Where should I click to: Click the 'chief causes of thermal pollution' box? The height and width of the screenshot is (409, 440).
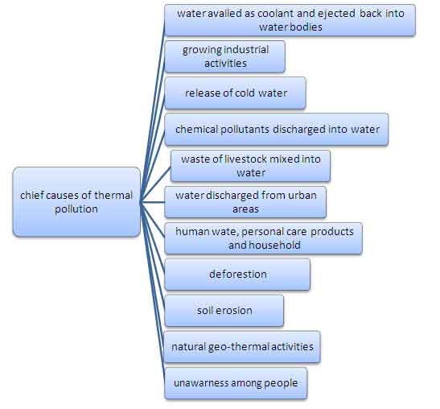click(76, 202)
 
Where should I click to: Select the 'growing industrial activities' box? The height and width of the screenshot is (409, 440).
click(224, 56)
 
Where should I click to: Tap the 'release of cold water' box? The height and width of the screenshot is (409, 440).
click(235, 93)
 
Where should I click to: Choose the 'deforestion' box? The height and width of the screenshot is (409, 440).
click(237, 275)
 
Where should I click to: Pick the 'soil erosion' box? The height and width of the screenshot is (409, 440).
click(224, 311)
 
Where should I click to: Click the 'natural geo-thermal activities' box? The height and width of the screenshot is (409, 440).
click(242, 347)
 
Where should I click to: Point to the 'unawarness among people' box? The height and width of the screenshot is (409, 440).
click(236, 383)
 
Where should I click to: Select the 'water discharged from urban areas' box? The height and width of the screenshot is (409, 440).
click(245, 202)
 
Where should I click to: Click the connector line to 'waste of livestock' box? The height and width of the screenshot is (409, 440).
click(155, 184)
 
